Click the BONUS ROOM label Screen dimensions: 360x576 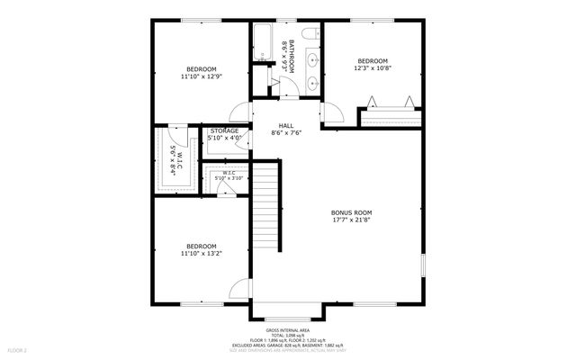[x=351, y=212]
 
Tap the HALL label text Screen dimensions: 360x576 [x=285, y=125]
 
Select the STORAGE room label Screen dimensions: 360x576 [x=223, y=130]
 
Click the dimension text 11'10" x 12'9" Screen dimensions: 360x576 [x=201, y=77]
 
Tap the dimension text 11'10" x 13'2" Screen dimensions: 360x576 [x=201, y=254]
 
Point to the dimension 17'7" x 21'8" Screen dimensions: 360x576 [x=351, y=220]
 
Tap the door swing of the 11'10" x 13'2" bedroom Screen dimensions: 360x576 [x=238, y=290]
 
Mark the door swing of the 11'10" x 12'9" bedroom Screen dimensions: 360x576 [x=238, y=112]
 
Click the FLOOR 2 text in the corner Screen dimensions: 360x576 [x=18, y=349]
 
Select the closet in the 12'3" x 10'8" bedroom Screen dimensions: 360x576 [x=391, y=115]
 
